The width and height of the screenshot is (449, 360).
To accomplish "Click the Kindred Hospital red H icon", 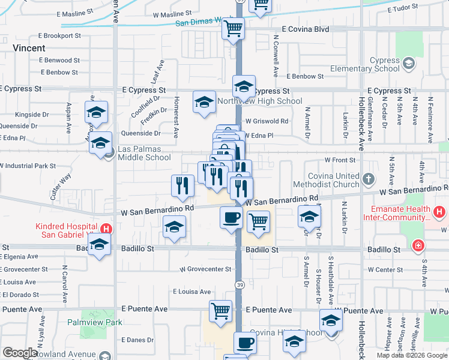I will (106, 228).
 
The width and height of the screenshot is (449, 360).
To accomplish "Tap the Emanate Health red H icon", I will (440, 212).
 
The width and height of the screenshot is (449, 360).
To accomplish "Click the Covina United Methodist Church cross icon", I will (370, 178).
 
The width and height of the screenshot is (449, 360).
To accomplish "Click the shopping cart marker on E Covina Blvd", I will (233, 29).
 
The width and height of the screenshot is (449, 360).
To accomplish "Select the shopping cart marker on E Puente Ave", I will (220, 312).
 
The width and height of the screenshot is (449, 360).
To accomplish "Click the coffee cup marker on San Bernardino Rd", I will (231, 218).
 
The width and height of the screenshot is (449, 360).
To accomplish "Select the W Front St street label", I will (340, 160).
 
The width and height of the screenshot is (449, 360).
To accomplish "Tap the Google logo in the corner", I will (19, 353).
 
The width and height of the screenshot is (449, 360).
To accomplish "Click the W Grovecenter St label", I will (205, 269).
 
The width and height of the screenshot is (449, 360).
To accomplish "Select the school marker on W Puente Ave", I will (330, 321).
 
